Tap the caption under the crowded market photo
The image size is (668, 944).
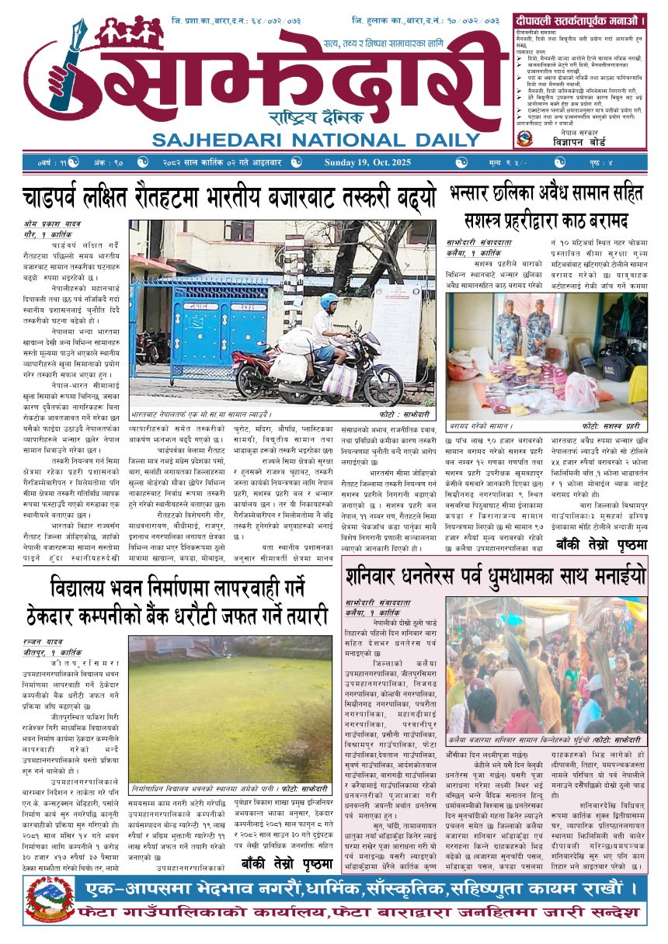coord(544,740)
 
